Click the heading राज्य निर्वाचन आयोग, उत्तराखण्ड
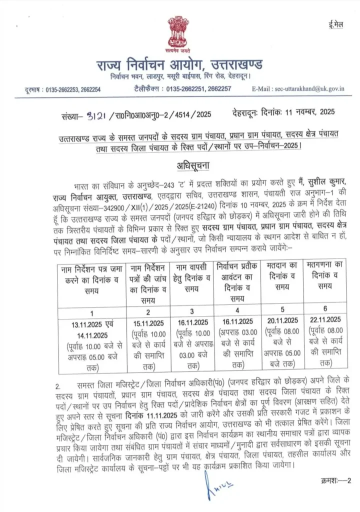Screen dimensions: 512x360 180,65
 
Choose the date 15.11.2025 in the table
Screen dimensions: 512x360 148,322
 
